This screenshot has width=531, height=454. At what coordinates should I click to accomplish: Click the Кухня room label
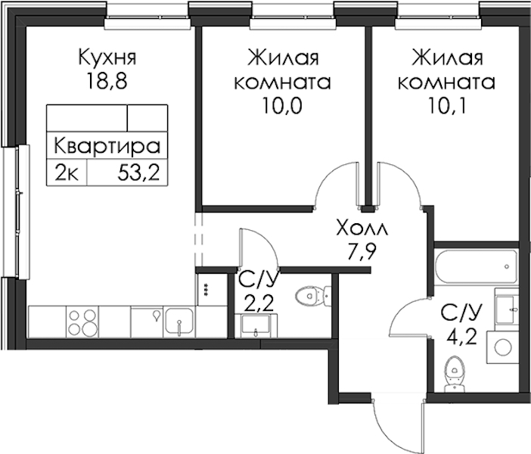click(x=107, y=57)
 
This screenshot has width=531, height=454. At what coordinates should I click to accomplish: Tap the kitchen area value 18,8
click(x=107, y=81)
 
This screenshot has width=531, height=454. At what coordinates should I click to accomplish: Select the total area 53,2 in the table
click(x=138, y=174)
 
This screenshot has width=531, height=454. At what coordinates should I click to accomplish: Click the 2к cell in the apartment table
click(x=67, y=174)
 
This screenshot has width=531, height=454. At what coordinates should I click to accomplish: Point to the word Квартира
click(x=107, y=146)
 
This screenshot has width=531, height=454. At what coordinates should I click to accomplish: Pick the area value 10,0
click(x=281, y=105)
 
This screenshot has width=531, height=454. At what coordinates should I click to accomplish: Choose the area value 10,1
click(x=447, y=105)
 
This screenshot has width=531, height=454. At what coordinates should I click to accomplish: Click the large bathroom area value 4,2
click(x=461, y=337)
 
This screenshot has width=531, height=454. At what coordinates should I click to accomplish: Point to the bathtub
click(x=476, y=267)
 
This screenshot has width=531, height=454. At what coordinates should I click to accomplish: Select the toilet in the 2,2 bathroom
click(x=313, y=295)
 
